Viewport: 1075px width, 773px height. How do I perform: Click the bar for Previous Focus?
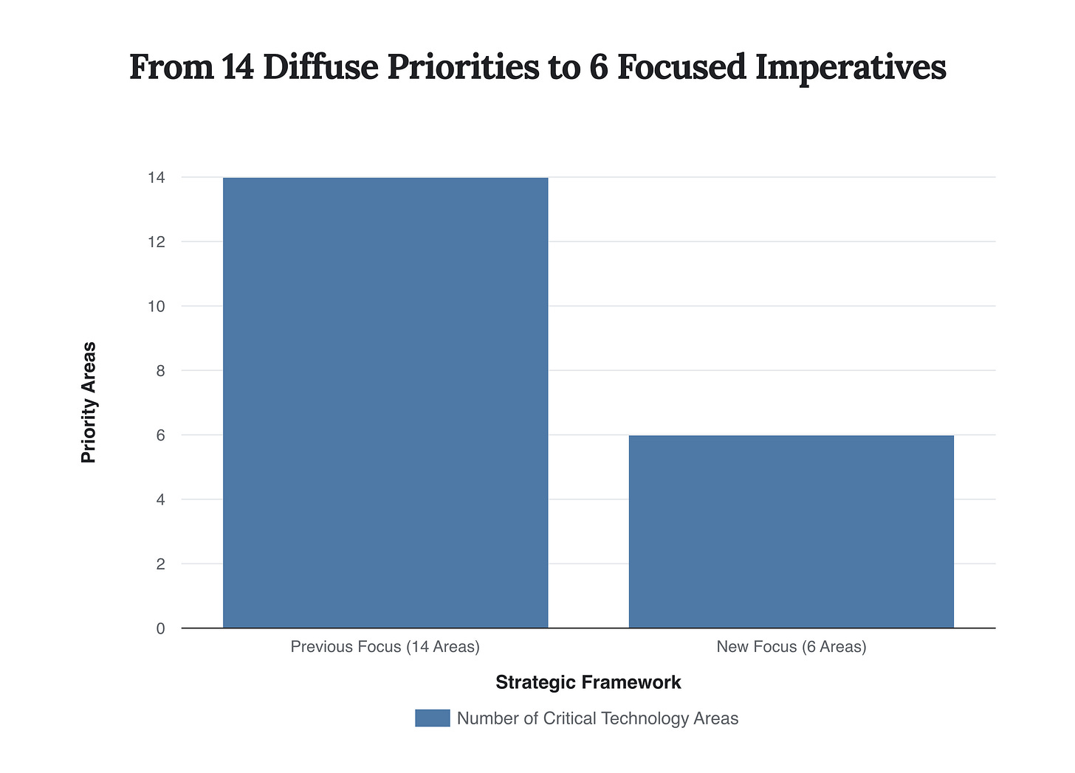click(385, 403)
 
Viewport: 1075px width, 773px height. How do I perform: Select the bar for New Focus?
click(791, 532)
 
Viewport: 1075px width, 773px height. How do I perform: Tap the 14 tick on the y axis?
click(156, 178)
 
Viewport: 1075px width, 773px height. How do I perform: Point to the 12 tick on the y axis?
click(156, 242)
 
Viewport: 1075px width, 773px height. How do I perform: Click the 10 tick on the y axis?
click(156, 306)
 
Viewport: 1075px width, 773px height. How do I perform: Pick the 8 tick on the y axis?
click(159, 371)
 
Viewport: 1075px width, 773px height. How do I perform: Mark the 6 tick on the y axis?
click(159, 435)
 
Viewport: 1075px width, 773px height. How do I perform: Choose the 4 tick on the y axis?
click(159, 499)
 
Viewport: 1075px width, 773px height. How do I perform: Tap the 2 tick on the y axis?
click(159, 564)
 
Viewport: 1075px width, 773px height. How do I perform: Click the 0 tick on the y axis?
click(159, 628)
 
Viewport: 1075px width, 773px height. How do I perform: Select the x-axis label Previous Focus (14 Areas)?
click(385, 647)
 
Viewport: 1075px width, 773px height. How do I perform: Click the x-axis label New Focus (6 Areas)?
click(791, 647)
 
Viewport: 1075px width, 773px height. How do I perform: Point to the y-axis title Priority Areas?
click(89, 403)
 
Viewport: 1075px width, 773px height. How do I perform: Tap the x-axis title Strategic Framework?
click(588, 682)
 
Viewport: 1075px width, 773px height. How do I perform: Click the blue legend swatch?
click(432, 718)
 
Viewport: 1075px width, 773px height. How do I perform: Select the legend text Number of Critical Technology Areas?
click(597, 718)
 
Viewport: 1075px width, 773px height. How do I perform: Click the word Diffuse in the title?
click(320, 67)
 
